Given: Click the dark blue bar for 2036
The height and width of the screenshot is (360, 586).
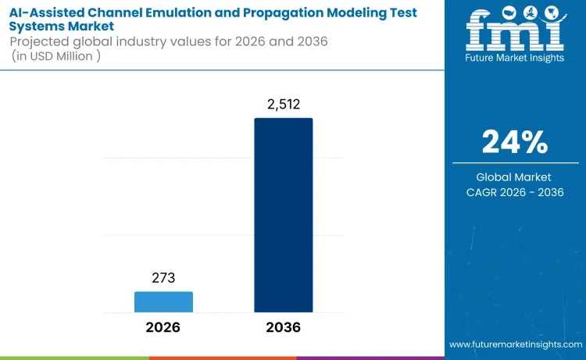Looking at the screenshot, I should click(283, 216).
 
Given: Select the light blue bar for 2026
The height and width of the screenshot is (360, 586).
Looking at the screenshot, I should click(163, 301).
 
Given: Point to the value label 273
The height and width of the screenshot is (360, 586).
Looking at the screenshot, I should click(163, 278).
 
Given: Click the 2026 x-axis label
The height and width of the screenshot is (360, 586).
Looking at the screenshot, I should click(163, 327).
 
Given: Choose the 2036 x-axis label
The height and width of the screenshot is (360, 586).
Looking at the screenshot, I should click(283, 327).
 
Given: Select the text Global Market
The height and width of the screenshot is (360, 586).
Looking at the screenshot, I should click(515, 177).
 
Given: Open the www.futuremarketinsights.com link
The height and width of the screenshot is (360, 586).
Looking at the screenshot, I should click(516, 344).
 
